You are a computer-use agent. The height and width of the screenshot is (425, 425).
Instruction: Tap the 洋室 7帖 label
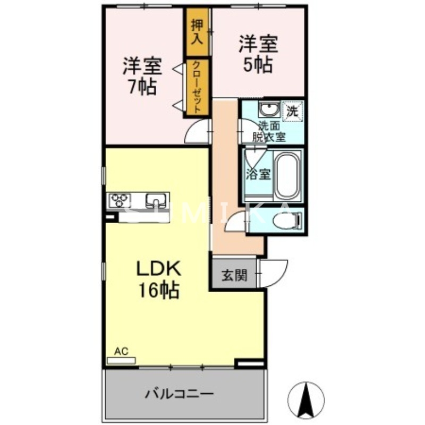[x=142, y=76]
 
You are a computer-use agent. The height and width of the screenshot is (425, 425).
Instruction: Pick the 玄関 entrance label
[x=234, y=276]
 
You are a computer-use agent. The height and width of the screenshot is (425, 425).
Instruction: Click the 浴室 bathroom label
[x=258, y=174]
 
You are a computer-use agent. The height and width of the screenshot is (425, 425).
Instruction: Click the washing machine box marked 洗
[x=292, y=111]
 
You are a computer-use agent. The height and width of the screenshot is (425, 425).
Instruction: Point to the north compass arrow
[x=307, y=399]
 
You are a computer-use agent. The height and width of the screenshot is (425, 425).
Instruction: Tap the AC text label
[x=122, y=351]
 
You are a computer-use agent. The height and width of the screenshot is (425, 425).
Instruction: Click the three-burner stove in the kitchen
[x=120, y=200]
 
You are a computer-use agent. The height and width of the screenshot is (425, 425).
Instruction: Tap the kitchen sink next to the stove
[x=155, y=200]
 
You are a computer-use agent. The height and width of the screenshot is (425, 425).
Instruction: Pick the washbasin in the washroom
[x=269, y=110]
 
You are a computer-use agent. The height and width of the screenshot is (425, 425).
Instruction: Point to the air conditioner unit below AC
[x=122, y=360]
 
